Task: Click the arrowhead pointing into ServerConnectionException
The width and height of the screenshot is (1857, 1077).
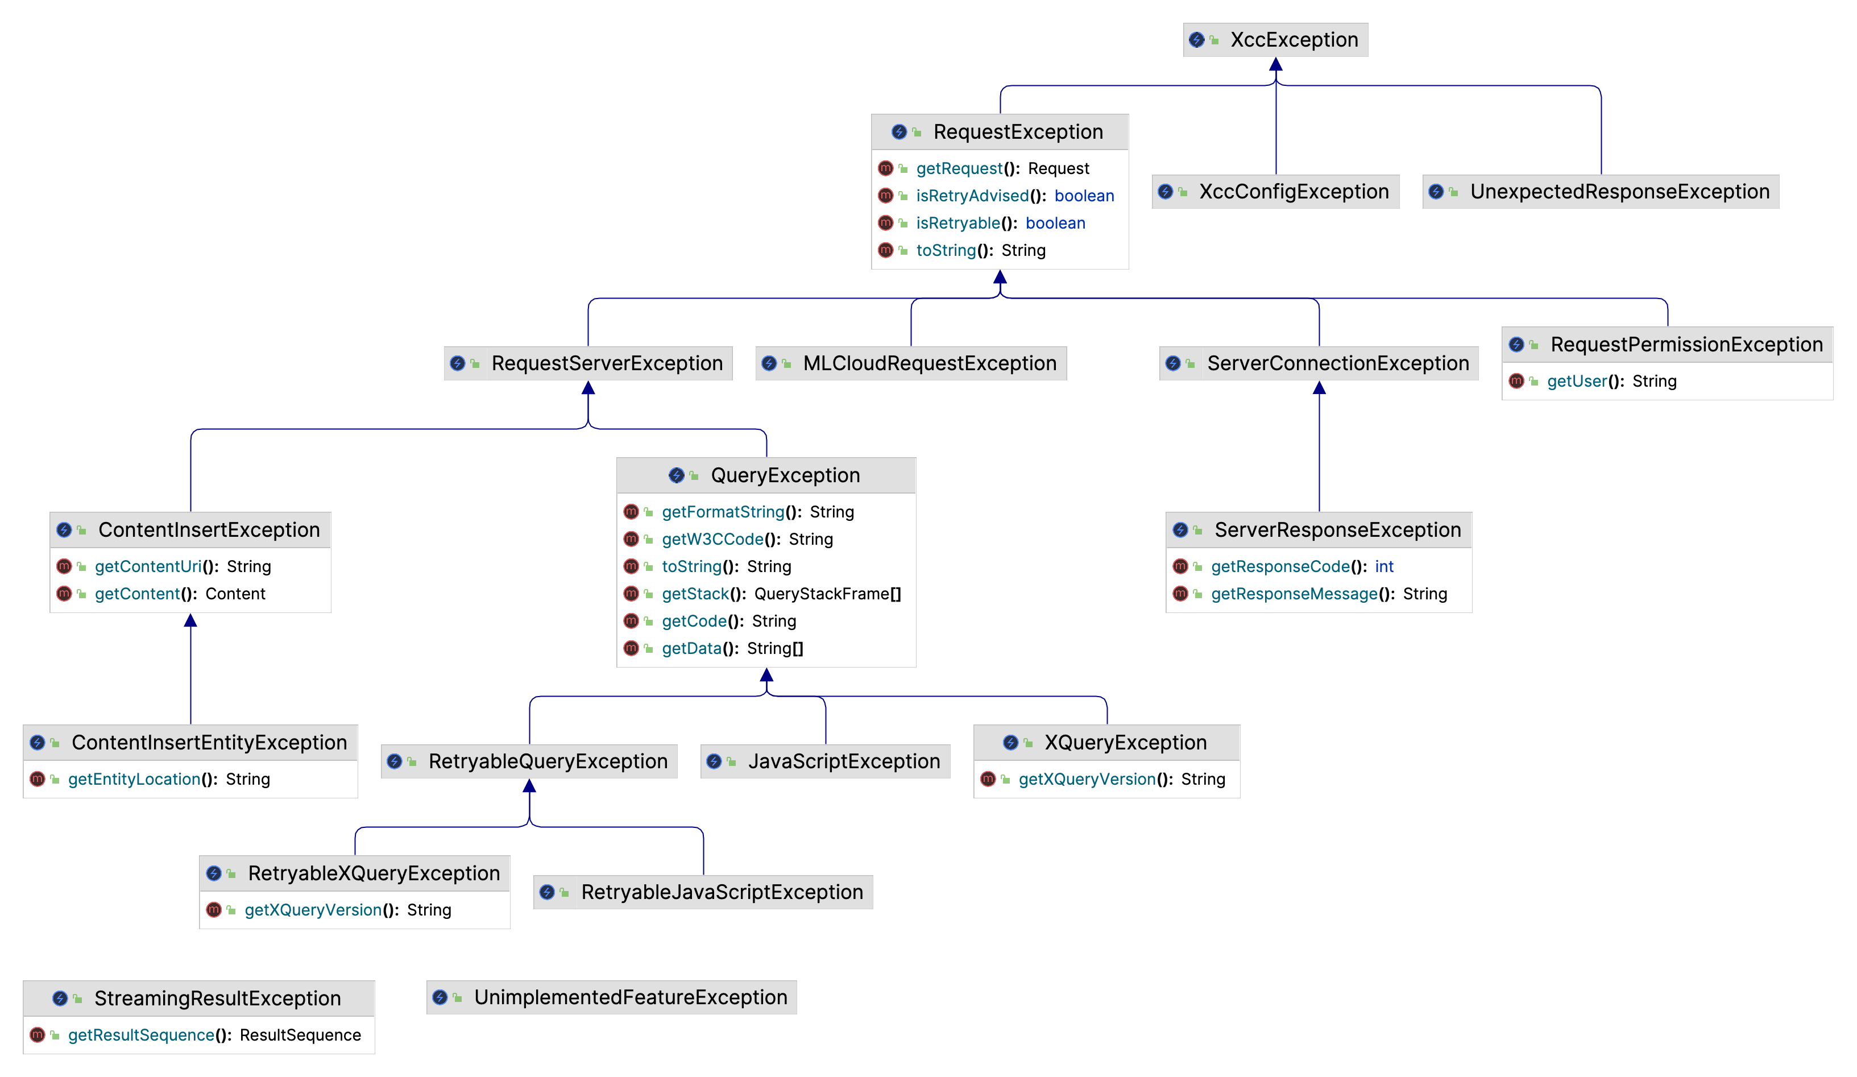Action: [1319, 388]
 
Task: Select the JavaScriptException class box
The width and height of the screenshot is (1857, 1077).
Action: [843, 761]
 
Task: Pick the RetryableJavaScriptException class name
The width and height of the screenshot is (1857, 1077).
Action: [722, 893]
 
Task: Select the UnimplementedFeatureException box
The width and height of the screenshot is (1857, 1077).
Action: [630, 997]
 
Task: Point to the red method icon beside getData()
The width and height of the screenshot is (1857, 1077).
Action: [631, 649]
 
